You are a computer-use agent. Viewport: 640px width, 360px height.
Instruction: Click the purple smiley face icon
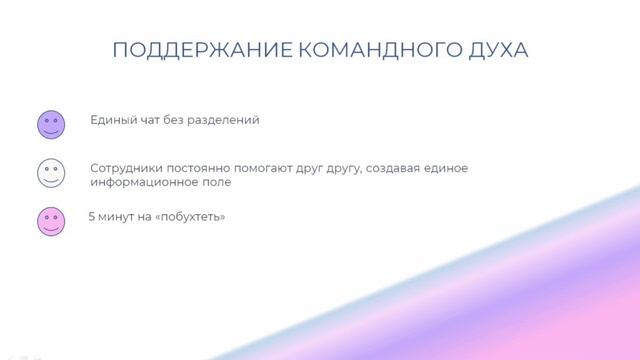[x=51, y=123]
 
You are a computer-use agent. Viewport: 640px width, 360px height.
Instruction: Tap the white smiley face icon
[x=51, y=173]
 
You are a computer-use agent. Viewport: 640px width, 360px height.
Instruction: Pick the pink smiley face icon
[x=51, y=221]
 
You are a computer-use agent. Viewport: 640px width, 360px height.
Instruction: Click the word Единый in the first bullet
[x=112, y=120]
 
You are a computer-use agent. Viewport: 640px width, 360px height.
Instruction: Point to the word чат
[x=151, y=120]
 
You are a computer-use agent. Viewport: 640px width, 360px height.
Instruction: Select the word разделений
[x=226, y=120]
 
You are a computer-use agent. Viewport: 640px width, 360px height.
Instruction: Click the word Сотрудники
[x=126, y=167]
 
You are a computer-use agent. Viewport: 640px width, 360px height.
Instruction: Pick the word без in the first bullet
[x=178, y=120]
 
